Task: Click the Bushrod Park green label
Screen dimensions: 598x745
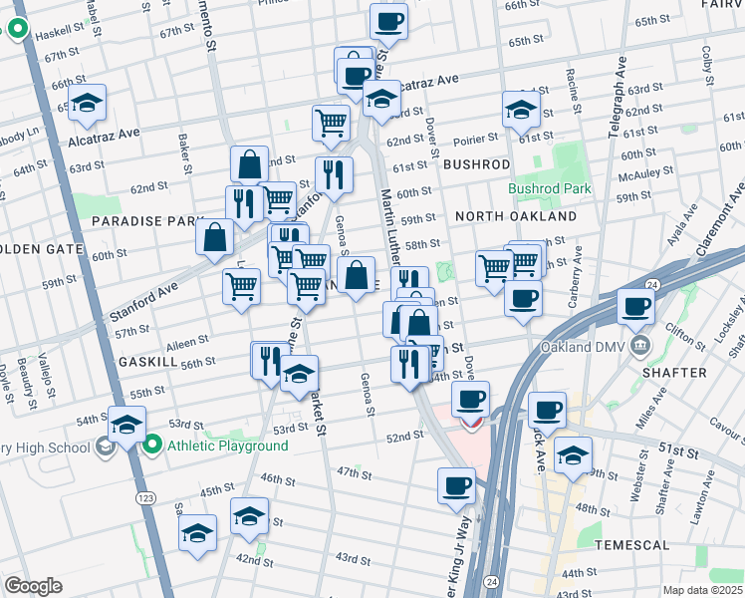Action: coord(549,187)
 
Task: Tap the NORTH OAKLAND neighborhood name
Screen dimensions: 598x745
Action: coord(515,216)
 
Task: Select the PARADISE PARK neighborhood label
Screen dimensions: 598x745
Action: coord(133,219)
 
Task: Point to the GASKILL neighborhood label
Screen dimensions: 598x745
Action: coord(147,360)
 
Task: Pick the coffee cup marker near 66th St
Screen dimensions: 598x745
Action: coord(388,22)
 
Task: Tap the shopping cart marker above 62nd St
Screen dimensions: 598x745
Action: coord(331,124)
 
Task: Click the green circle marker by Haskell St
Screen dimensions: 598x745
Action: coord(18,30)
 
